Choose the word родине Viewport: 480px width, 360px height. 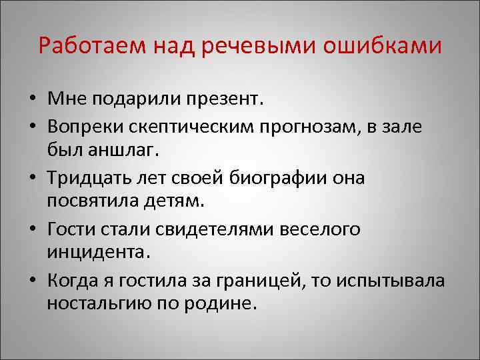221,303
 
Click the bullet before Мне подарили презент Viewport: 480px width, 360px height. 32,101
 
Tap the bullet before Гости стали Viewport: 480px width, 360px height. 32,230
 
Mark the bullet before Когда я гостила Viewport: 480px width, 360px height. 32,281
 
